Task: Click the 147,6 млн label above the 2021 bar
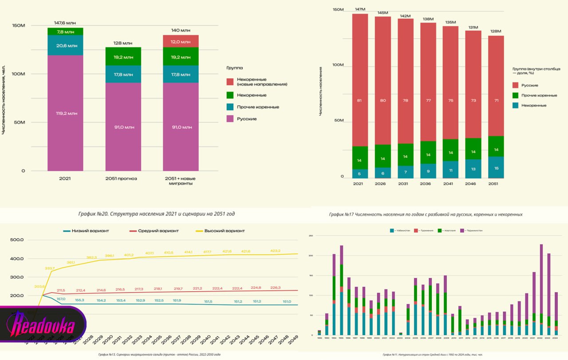click(x=65, y=22)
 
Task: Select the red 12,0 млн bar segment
click(x=181, y=41)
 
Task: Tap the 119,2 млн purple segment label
click(x=65, y=113)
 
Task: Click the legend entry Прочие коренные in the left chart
click(x=251, y=107)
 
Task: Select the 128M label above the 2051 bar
click(x=496, y=31)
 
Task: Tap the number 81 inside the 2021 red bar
click(x=359, y=100)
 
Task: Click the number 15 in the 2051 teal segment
click(x=496, y=168)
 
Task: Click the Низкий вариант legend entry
click(x=89, y=230)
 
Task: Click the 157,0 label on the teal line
click(x=61, y=299)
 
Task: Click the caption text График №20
click(x=156, y=214)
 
